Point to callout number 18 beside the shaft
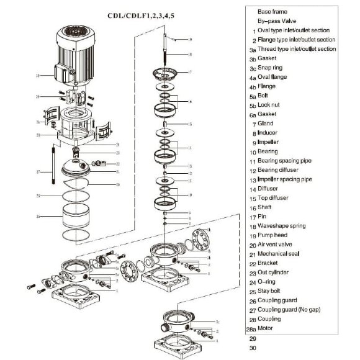pyautogui.click(x=190, y=55)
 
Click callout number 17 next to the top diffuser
pyautogui.click(x=190, y=72)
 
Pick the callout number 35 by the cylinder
pyautogui.click(x=38, y=217)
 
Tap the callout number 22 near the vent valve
pyautogui.click(x=118, y=164)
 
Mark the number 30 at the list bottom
pyautogui.click(x=253, y=348)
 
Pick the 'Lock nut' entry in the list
pyautogui.click(x=271, y=105)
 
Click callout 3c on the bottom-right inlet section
pyautogui.click(x=217, y=322)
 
